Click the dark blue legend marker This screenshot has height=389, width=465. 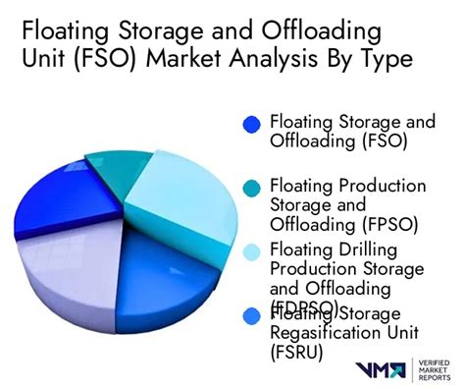pyautogui.click(x=251, y=125)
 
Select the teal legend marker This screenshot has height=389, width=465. pyautogui.click(x=251, y=187)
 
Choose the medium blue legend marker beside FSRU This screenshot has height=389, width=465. pyautogui.click(x=251, y=314)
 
